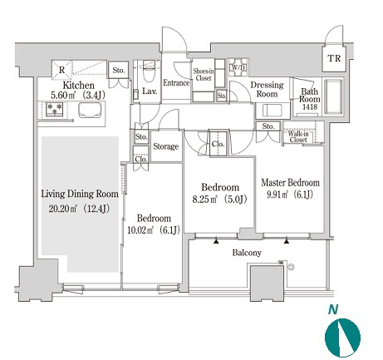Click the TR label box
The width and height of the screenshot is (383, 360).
pos(334,58)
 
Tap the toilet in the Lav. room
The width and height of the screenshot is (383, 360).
pos(149,71)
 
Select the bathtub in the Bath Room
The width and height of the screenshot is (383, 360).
pos(333,96)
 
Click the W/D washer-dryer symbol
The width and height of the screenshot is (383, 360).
pos(238,67)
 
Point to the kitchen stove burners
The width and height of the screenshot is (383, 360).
pos(55,108)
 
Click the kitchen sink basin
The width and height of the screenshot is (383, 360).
pos(90,110)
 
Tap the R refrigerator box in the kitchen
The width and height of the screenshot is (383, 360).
pos(61,70)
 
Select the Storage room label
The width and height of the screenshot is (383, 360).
pos(165,146)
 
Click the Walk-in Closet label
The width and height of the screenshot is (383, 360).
pos(298,136)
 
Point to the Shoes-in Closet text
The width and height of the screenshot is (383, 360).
pos(204,75)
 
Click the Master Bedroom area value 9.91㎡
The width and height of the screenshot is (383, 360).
pos(277,195)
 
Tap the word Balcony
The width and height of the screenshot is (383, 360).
pos(247,253)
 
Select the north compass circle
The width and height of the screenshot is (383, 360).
pos(342,338)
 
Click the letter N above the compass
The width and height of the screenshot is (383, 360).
pos(333,309)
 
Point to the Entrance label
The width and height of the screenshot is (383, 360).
pos(176,82)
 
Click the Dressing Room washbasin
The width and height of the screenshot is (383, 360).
pos(272,110)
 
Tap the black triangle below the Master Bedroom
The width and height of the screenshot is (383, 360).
pos(287,241)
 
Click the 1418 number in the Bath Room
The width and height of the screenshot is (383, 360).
pos(310,106)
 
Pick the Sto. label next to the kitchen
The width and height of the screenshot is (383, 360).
pos(119,71)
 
